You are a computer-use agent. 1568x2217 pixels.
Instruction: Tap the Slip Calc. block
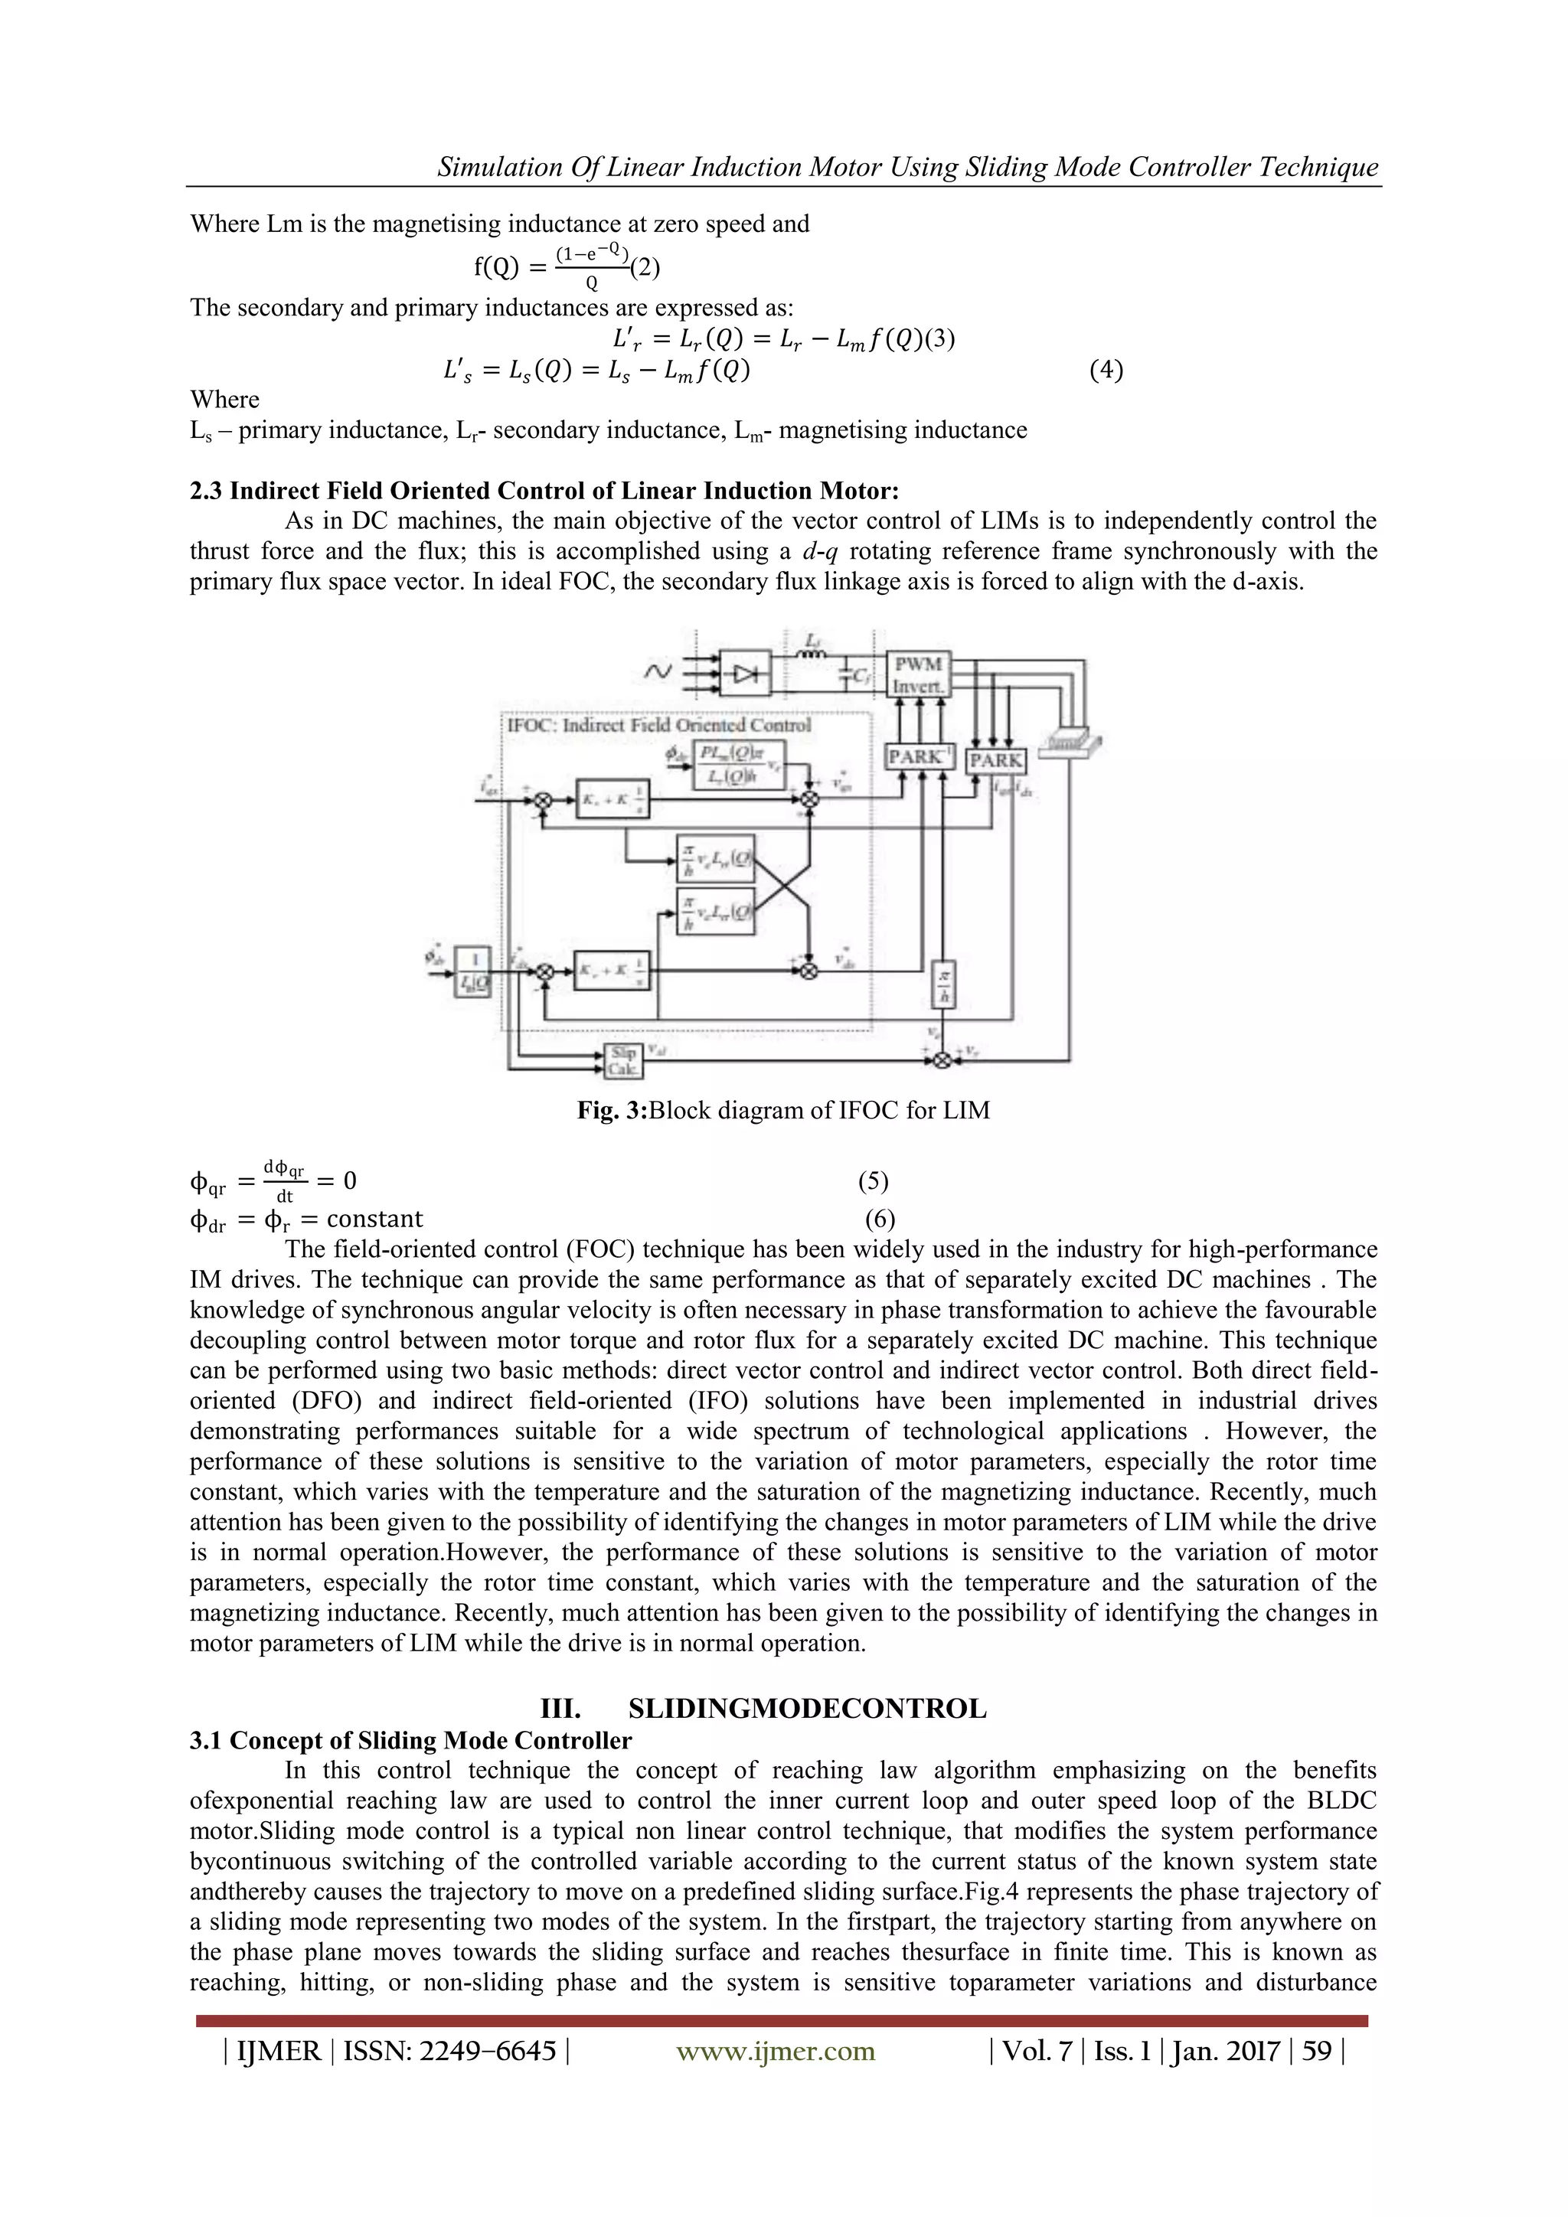click(x=622, y=1060)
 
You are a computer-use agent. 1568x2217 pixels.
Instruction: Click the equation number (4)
click(x=1106, y=370)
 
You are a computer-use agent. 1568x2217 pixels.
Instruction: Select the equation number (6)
click(x=880, y=1219)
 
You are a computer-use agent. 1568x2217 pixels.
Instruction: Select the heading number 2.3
click(x=206, y=491)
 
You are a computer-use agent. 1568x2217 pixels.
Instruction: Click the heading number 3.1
click(x=206, y=1740)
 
